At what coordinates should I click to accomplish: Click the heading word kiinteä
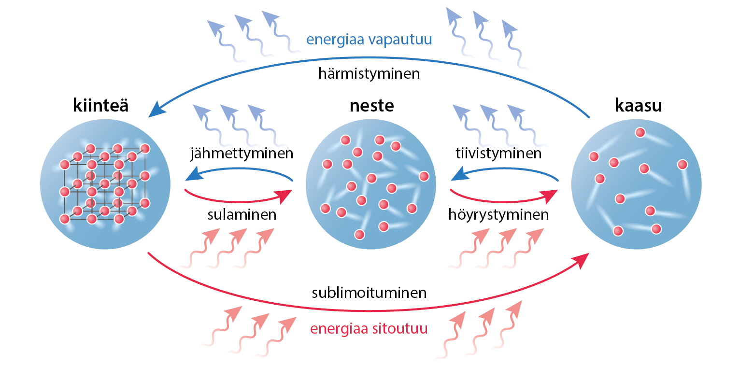click(101, 105)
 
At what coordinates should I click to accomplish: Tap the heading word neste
click(371, 105)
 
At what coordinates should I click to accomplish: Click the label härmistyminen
click(369, 74)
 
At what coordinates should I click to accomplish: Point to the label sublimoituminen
click(369, 293)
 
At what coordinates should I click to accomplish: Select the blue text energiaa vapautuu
click(369, 39)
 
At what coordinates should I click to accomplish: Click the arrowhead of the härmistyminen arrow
click(156, 111)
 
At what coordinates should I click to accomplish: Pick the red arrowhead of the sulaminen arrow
click(285, 196)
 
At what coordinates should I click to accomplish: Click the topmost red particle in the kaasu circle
click(640, 132)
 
